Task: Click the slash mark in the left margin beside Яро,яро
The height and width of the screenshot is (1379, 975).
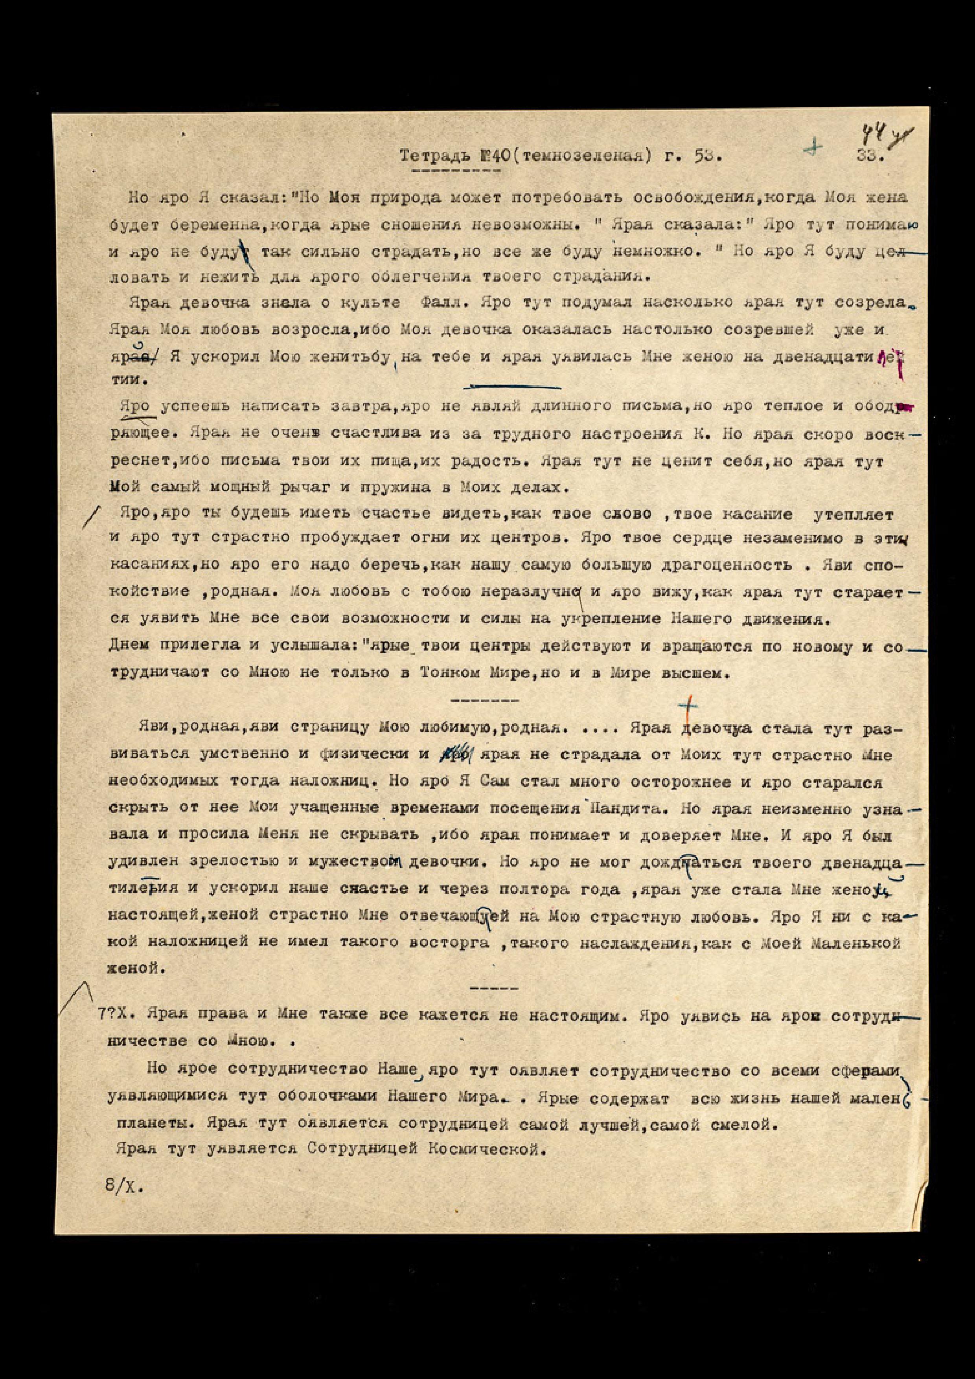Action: click(91, 517)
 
